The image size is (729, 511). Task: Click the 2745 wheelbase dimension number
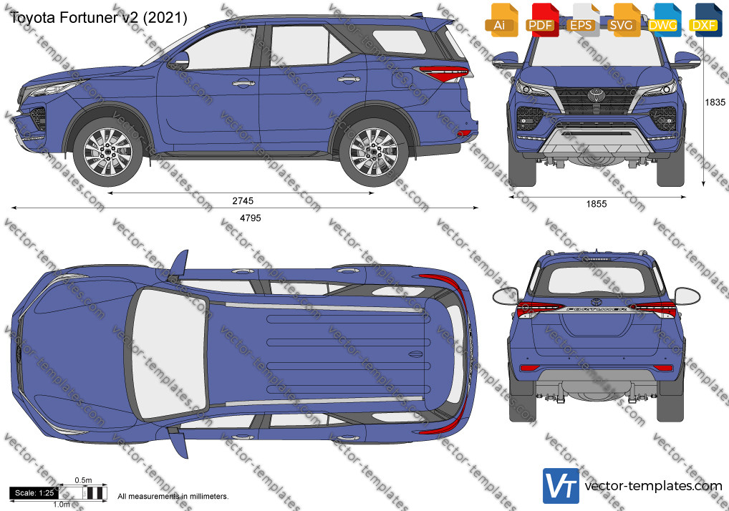243,200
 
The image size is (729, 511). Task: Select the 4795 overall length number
250,218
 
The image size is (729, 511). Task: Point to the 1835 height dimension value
715,102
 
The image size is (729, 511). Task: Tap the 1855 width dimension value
597,203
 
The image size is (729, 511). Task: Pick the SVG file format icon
622,19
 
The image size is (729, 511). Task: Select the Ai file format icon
501,19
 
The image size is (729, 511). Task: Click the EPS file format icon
581,19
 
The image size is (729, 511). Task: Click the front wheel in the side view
108,152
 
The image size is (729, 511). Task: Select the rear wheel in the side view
374,152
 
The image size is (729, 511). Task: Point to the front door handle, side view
243,83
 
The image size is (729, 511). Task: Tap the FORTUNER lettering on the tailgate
597,308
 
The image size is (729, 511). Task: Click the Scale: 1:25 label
34,493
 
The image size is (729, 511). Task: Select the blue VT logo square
561,486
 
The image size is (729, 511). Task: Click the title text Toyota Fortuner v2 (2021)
99,18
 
